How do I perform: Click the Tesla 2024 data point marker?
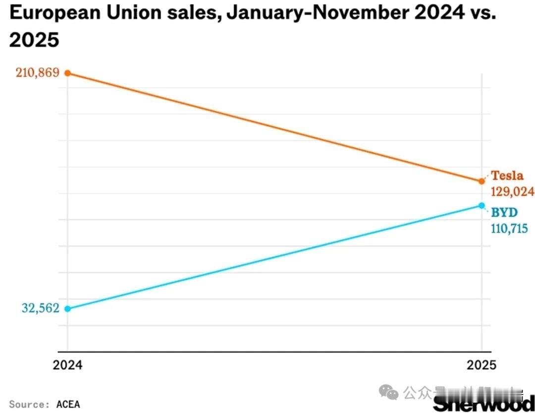point(68,73)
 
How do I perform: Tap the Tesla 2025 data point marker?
point(481,181)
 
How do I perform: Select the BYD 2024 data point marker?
point(68,308)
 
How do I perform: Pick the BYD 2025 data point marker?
point(481,205)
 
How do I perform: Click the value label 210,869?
point(37,73)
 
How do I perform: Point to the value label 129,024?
point(512,191)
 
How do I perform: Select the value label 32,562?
point(40,308)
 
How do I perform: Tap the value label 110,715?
point(512,229)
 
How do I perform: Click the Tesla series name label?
point(507,176)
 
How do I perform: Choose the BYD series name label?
point(504,213)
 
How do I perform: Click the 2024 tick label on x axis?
point(68,365)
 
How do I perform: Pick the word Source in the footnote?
point(28,404)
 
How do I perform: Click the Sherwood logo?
point(483,403)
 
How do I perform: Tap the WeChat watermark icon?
point(391,394)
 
